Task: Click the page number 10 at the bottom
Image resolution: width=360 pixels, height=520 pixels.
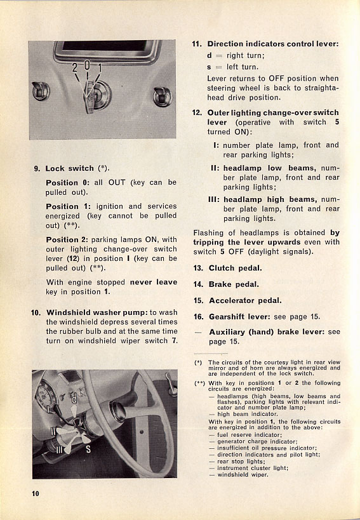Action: click(36, 493)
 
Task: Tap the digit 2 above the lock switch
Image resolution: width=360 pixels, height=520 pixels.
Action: click(75, 68)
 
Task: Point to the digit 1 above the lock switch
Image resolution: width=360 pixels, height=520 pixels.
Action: click(99, 69)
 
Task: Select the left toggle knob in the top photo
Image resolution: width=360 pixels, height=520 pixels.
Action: click(41, 91)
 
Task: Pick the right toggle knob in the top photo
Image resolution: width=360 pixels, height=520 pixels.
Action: click(163, 97)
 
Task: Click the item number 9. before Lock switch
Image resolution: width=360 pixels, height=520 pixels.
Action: click(37, 168)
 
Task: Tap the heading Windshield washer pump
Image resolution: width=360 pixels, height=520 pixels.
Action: click(97, 312)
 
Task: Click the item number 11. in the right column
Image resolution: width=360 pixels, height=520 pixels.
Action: click(197, 44)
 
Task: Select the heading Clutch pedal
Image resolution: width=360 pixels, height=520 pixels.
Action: click(236, 268)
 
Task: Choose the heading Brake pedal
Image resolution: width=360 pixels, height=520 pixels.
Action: click(234, 284)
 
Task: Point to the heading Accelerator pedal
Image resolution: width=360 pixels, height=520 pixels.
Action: click(245, 300)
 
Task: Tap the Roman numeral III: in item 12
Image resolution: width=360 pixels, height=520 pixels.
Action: click(214, 199)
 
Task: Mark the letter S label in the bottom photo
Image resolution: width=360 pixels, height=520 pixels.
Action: click(88, 450)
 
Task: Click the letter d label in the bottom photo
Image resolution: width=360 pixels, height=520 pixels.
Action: click(74, 399)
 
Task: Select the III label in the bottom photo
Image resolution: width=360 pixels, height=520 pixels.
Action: click(59, 450)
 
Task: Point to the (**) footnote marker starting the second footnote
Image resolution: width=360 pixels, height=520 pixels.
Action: click(199, 383)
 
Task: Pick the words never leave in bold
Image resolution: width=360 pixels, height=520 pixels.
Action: click(154, 282)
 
